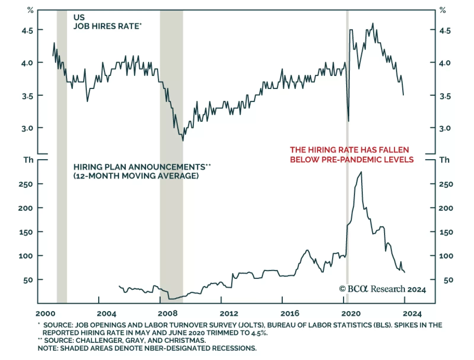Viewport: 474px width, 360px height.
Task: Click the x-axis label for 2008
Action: (168, 313)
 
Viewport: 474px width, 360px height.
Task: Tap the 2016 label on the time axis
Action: (290, 313)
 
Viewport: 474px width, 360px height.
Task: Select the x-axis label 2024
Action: (412, 313)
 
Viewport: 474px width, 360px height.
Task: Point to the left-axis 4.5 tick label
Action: (27, 30)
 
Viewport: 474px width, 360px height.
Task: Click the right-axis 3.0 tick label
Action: (445, 128)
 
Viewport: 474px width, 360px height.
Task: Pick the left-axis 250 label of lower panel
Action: (26, 184)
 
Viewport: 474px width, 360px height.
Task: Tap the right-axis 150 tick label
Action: (446, 232)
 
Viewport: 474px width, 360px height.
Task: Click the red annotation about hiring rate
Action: (352, 154)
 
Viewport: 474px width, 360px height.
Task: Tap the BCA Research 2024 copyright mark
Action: (382, 289)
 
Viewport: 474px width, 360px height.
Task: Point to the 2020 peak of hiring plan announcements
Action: (361, 172)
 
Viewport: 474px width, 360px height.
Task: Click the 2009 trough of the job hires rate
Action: (183, 140)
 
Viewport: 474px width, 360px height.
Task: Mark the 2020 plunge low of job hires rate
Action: (348, 121)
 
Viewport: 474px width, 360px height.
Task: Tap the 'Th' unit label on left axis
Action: (28, 160)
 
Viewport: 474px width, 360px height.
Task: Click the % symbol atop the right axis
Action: (443, 10)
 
